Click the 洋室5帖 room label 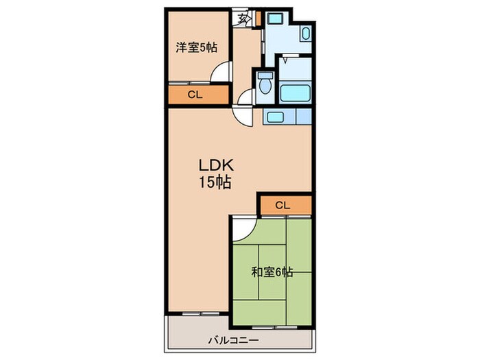point(196,47)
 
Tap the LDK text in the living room point(217,165)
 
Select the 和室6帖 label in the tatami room point(272,272)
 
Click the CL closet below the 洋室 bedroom point(196,95)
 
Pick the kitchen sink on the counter point(274,117)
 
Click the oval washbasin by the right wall point(307,33)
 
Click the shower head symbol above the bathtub point(285,60)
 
